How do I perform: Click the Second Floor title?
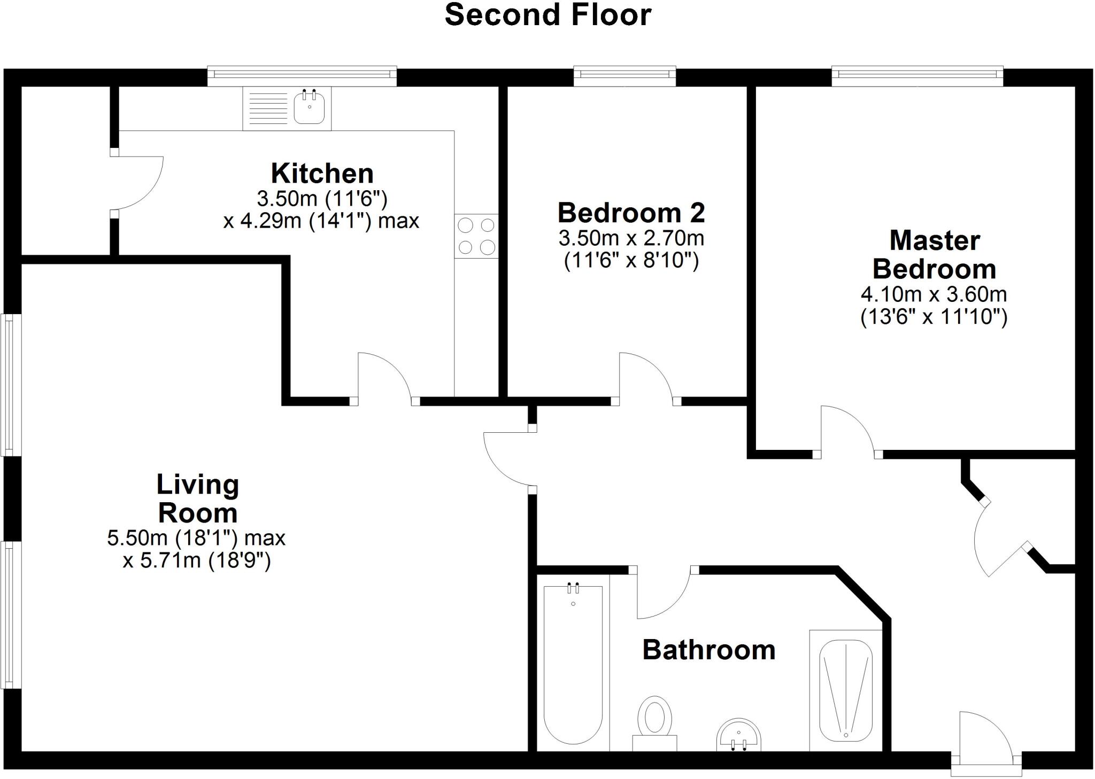[x=547, y=15]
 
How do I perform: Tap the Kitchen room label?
[x=322, y=174]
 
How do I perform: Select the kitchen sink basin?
[x=309, y=108]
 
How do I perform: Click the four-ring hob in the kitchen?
[x=476, y=236]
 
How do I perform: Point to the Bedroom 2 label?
[x=631, y=213]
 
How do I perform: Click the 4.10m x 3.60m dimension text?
[x=934, y=294]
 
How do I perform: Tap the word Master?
[x=934, y=240]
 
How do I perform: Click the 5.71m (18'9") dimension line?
[x=197, y=561]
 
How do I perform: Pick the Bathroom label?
[x=708, y=650]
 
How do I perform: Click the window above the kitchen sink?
[x=302, y=76]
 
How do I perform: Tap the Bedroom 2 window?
[x=624, y=76]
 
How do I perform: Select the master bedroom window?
[x=917, y=76]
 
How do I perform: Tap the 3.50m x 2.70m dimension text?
[x=631, y=238]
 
